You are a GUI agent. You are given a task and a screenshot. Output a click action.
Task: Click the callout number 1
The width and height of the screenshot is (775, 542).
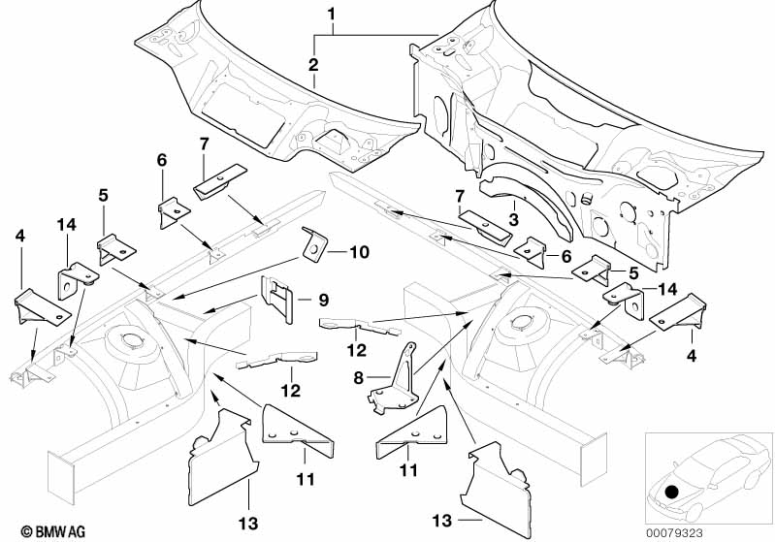[x=332, y=15]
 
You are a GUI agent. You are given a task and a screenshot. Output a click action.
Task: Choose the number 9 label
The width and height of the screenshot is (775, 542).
[x=324, y=299]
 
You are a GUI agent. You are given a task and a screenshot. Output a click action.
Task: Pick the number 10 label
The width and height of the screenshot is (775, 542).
[x=359, y=252]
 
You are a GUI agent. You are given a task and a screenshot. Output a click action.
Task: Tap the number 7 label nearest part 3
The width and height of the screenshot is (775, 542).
[x=458, y=197]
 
